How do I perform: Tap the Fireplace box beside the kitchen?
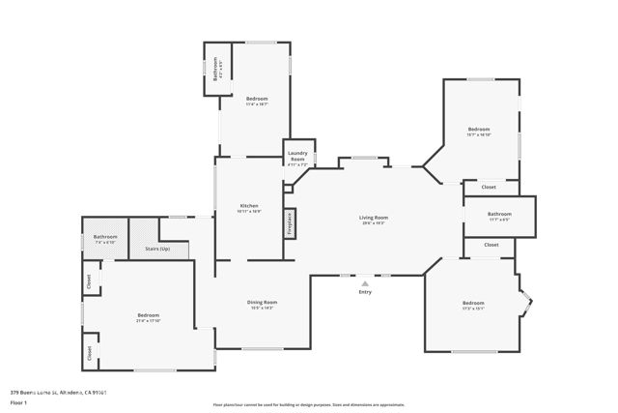click(289, 223)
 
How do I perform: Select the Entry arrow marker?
click(365, 282)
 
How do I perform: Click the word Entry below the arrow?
click(365, 291)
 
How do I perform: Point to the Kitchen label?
click(249, 208)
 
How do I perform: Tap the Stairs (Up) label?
click(157, 249)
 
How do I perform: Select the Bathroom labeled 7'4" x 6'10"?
click(105, 239)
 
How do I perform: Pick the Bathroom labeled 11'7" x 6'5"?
click(499, 216)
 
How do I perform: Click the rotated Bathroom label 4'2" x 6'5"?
click(215, 71)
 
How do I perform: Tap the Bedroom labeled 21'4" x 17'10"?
click(148, 318)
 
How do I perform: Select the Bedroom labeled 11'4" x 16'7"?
click(257, 102)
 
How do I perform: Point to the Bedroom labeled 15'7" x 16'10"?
click(480, 132)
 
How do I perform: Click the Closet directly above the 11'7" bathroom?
click(490, 187)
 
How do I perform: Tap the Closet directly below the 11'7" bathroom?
click(492, 245)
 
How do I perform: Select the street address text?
click(58, 392)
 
